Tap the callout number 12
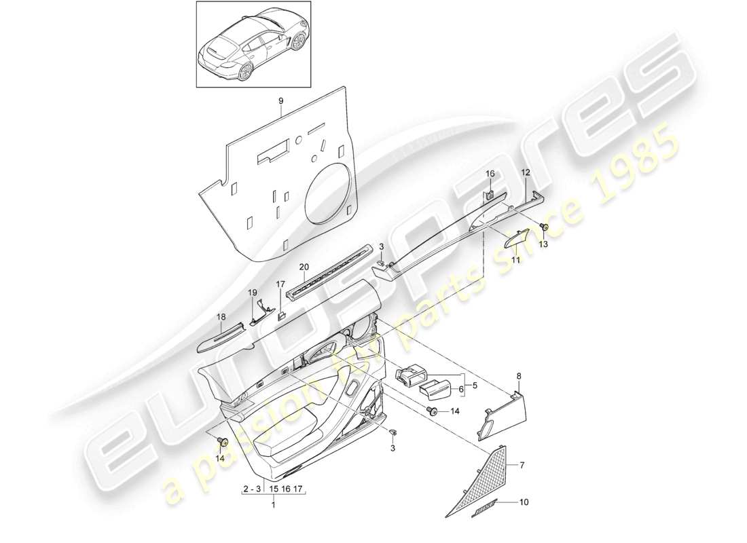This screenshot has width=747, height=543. [x=525, y=172]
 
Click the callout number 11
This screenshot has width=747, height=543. [x=514, y=259]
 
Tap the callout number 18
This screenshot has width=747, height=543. [x=221, y=316]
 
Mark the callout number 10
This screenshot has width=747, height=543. [x=523, y=503]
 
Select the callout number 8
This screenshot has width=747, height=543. [x=520, y=375]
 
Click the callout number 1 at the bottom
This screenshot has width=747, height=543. [x=274, y=505]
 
